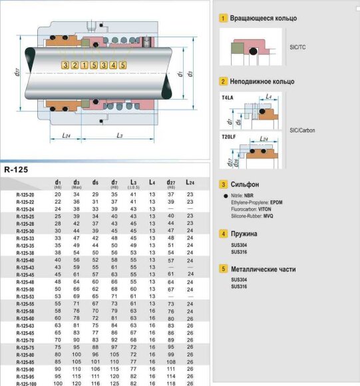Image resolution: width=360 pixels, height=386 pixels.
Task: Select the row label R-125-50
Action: click(25, 289)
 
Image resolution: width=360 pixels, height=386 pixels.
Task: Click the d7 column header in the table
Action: click(114, 182)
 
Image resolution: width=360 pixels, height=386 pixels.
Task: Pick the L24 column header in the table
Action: click(190, 182)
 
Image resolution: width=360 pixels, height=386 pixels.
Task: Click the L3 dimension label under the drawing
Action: click(119, 136)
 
